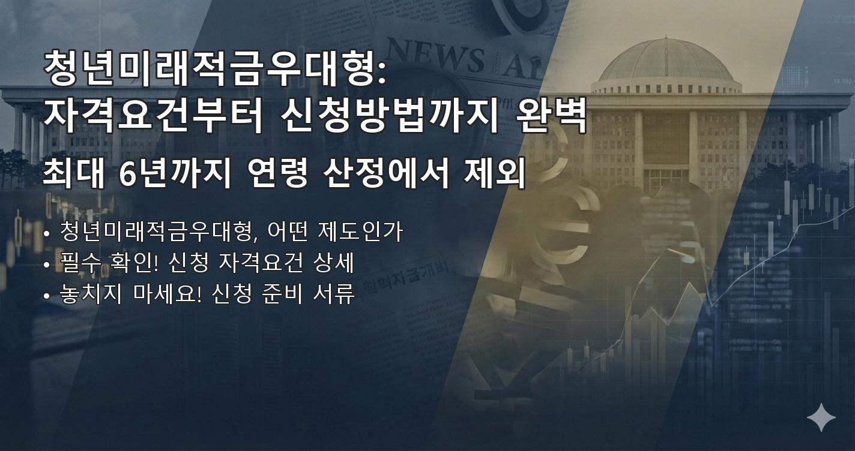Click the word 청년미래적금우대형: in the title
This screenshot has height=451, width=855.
[x=216, y=69]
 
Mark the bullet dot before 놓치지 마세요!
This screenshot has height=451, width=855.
[x=47, y=296]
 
